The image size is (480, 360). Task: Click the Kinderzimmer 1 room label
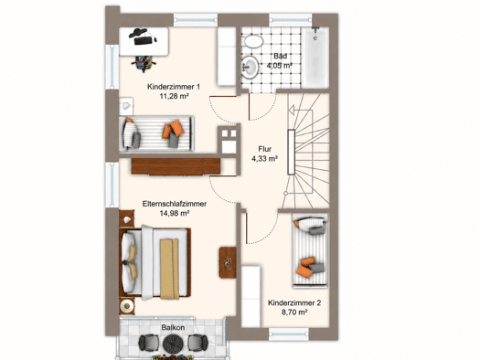(174, 87)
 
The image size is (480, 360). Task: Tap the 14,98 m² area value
(175, 213)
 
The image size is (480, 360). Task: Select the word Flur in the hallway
(265, 149)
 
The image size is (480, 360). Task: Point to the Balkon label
(173, 328)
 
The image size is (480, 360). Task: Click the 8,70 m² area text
(294, 312)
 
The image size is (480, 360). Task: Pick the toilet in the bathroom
(253, 41)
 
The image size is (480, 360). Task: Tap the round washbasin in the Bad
(251, 66)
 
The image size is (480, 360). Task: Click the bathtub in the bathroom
(315, 58)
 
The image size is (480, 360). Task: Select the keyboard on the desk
(143, 40)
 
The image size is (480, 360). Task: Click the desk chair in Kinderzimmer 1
(144, 63)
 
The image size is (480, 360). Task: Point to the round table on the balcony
(173, 344)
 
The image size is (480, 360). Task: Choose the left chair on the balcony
(149, 343)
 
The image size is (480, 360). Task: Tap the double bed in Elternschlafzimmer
(155, 263)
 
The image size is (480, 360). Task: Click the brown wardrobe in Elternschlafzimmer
(176, 166)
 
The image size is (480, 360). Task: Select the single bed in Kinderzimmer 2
(310, 250)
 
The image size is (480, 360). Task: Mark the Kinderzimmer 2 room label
(294, 303)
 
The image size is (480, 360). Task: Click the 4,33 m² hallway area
(265, 158)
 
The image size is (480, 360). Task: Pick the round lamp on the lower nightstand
(126, 306)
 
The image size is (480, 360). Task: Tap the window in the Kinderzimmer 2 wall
(289, 334)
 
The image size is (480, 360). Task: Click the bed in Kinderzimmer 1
(156, 133)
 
